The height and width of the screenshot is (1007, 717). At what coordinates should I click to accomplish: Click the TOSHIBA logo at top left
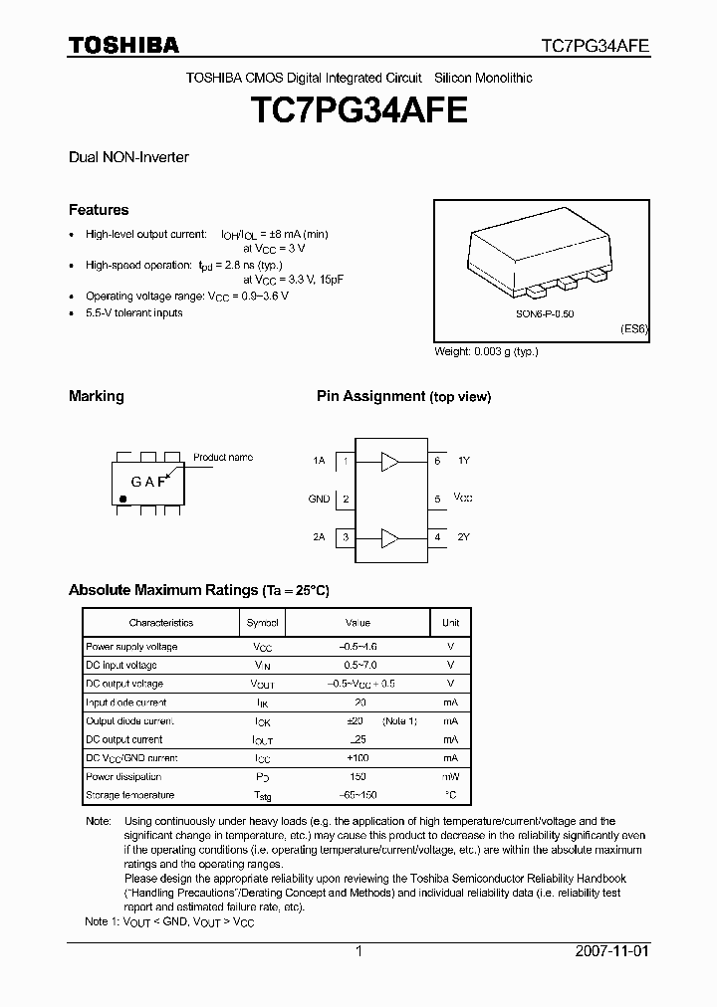[123, 45]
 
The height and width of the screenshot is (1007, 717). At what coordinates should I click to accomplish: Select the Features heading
[99, 210]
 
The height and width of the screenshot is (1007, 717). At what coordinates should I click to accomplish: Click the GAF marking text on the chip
[148, 482]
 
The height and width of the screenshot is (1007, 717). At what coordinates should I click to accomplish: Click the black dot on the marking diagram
[123, 497]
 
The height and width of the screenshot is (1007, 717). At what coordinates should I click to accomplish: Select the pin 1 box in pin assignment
[345, 461]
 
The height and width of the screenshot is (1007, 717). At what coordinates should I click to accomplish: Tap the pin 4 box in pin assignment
[437, 537]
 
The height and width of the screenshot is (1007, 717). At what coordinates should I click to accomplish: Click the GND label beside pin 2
[319, 500]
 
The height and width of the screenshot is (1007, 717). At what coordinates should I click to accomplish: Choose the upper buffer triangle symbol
[389, 461]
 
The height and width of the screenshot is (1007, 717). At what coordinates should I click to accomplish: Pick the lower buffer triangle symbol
[389, 538]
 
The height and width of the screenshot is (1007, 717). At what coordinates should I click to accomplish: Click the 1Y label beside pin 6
[464, 461]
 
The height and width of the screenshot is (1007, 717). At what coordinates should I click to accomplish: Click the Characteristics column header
[160, 623]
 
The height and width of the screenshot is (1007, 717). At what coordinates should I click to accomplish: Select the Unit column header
[450, 623]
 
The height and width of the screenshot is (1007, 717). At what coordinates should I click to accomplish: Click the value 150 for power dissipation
[358, 777]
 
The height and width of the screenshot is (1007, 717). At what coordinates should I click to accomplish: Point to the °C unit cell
[450, 795]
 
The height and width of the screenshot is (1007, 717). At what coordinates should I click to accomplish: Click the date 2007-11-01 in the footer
[611, 951]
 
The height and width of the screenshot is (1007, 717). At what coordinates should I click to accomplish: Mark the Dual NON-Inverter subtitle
[128, 157]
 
